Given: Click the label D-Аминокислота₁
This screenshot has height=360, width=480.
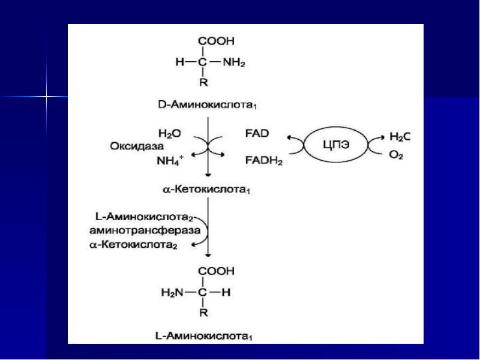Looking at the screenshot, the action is pos(208,105).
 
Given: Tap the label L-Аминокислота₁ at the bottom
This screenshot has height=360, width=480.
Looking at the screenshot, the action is pos(204,336).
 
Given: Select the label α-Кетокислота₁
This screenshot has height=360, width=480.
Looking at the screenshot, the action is pos(206,190).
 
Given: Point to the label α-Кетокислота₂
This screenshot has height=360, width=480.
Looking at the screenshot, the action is pos(133,245).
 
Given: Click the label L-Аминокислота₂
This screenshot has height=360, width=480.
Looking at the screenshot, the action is pos(144,217).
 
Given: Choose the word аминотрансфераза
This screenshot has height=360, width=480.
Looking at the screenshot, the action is pos(145,230).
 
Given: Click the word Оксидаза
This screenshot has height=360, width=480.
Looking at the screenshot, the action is pos(137,146).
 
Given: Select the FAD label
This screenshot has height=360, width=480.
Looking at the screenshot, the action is pos(257,133).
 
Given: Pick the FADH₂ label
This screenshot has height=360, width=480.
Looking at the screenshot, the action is pos(264,160).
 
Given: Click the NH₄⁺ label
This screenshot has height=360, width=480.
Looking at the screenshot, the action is pos(170,160).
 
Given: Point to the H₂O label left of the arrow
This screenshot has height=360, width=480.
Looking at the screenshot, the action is pos(170,134).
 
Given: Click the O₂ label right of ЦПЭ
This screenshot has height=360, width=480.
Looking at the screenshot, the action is pos(396,155).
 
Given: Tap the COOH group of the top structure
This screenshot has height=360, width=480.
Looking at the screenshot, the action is pos(216,41).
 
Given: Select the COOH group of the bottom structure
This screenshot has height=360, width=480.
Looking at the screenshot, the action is pos(216,271).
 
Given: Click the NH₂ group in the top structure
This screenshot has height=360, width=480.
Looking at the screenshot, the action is pos(234,63).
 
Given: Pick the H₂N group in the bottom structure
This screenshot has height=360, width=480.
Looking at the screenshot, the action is pos(172,293).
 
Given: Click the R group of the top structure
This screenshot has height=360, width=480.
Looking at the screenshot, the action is pos(203,82).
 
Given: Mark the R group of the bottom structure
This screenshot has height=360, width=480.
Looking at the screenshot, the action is pos(203,313).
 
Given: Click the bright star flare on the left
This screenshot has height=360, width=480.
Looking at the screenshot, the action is pos(46,97).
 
